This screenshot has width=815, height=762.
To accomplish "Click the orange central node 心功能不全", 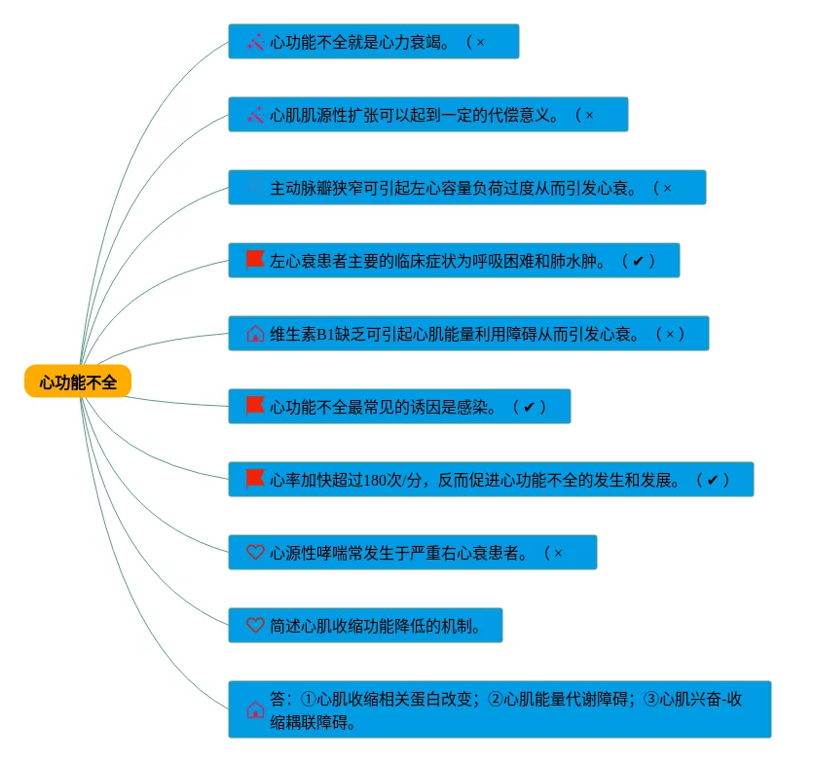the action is (x=78, y=382).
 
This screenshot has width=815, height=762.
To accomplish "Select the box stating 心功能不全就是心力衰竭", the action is (x=373, y=42).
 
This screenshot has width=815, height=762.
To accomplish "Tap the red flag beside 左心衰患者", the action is (x=255, y=260).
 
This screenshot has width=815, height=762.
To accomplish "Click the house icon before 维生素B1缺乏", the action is (x=255, y=334).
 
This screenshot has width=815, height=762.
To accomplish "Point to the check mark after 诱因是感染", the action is (x=529, y=407).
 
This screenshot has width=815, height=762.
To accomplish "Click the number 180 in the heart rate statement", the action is (x=376, y=480).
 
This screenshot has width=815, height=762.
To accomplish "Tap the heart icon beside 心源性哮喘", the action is (x=255, y=553).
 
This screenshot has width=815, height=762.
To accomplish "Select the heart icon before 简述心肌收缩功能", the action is (x=255, y=626).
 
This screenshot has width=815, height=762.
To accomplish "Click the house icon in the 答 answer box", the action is (x=255, y=710).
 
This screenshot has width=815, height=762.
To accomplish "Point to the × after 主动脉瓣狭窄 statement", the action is (x=667, y=188).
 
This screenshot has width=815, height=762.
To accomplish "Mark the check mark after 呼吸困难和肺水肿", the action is (x=638, y=261).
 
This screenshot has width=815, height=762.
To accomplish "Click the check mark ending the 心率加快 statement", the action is (x=712, y=480).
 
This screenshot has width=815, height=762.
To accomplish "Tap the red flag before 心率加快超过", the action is (x=255, y=479).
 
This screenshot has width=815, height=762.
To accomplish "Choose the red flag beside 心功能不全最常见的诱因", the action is (x=255, y=406).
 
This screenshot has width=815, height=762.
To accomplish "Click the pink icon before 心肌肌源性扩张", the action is (x=255, y=115).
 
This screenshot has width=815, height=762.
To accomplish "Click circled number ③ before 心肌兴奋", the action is (x=652, y=699).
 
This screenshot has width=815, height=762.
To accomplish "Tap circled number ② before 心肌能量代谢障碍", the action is (x=496, y=699).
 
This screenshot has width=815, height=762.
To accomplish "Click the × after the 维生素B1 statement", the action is (x=669, y=334).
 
